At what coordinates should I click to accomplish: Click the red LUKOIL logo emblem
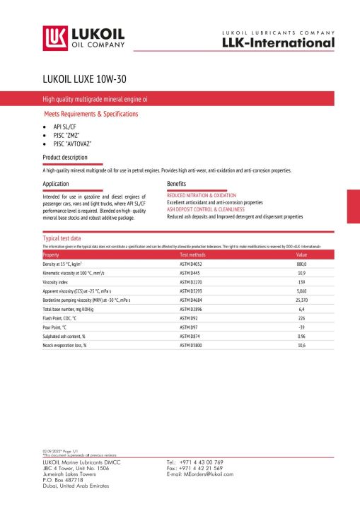(x=54, y=37)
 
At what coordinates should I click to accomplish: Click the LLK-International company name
(x=277, y=43)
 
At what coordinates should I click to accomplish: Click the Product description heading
(x=65, y=157)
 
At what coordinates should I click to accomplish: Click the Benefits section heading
(x=176, y=183)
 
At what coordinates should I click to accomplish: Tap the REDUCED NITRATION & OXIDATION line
(x=201, y=194)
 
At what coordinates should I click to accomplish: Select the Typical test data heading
(x=62, y=238)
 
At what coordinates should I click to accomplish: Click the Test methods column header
(x=192, y=254)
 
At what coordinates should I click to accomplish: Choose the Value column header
(x=301, y=254)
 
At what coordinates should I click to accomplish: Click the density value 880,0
(x=301, y=263)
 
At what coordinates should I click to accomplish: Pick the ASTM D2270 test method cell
(x=191, y=281)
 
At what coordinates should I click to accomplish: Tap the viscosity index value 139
(x=301, y=281)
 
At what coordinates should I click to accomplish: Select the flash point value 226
(x=301, y=318)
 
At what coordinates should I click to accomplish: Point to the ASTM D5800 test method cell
(x=191, y=345)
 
